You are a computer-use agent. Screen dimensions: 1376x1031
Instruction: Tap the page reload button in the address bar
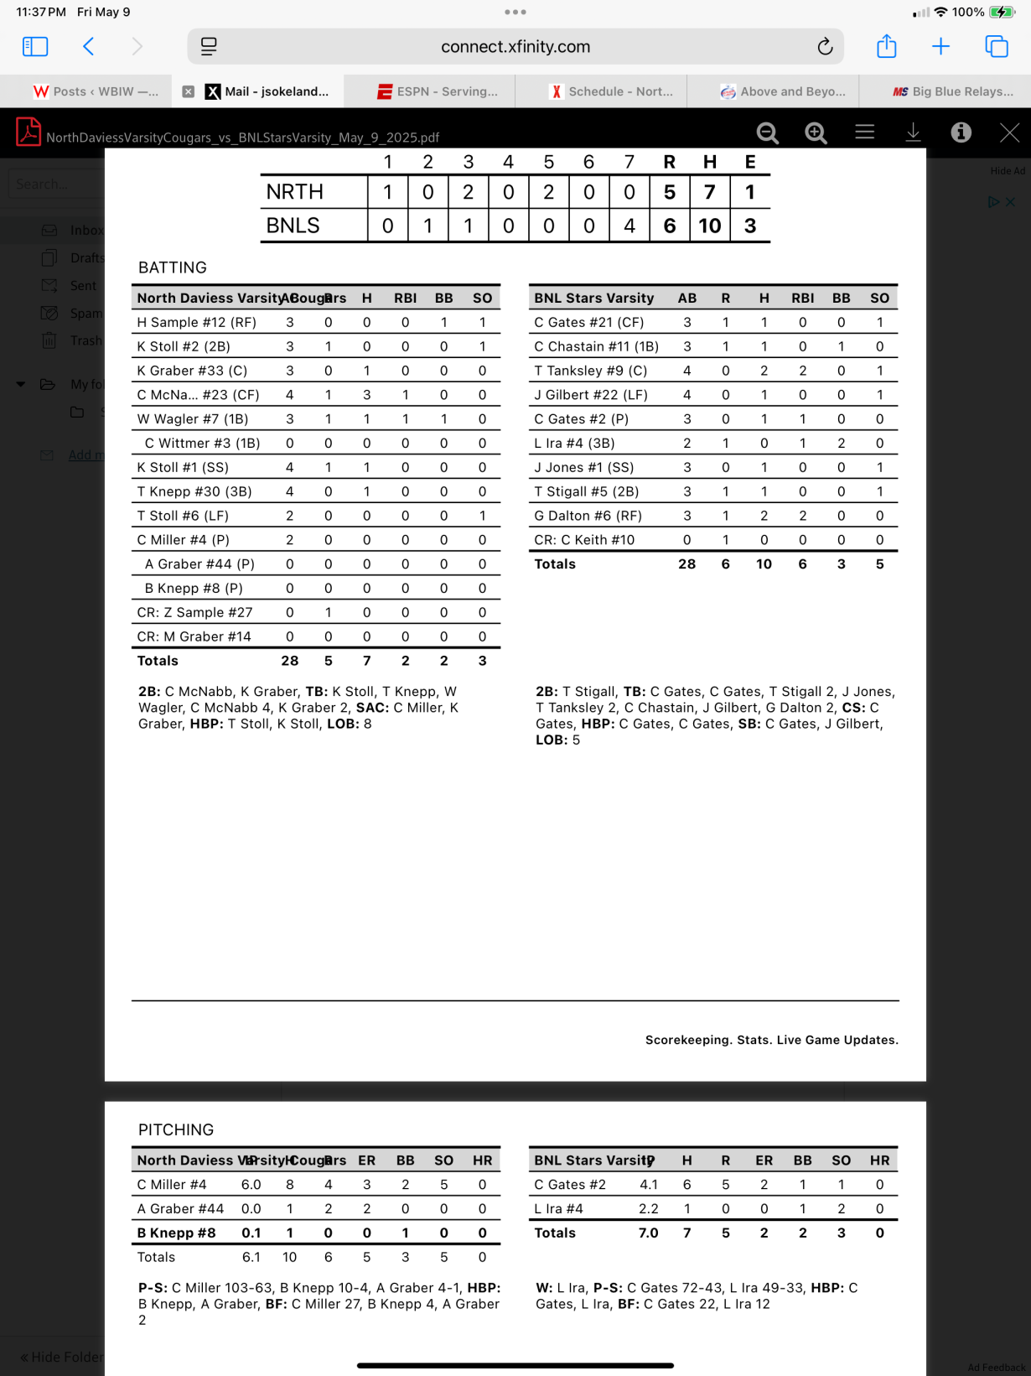(825, 47)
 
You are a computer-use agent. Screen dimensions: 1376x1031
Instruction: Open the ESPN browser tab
(438, 91)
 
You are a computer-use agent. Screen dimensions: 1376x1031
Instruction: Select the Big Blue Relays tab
(953, 91)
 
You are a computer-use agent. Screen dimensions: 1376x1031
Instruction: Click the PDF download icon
(913, 132)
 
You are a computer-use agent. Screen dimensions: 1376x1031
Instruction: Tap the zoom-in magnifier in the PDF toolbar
(816, 132)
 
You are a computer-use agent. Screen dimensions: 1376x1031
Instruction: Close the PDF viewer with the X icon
(1009, 132)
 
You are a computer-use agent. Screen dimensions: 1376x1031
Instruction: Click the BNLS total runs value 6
(669, 226)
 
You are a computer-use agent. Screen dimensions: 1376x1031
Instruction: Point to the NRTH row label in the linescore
(294, 192)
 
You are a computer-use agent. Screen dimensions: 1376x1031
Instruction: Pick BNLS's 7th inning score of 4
(629, 226)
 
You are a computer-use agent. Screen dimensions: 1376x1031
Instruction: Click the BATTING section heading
(172, 267)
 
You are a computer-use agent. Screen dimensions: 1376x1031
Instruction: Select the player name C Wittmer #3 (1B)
(202, 443)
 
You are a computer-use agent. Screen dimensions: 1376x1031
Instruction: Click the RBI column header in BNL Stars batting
(802, 298)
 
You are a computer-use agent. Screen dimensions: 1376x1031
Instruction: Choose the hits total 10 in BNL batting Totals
(764, 564)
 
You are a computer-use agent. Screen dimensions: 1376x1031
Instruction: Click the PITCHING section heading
(175, 1129)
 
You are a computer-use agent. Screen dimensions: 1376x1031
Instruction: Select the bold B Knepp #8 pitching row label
(176, 1233)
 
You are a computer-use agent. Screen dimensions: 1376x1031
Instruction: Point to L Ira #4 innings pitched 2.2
(648, 1208)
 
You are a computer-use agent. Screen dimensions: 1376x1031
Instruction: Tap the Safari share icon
(886, 47)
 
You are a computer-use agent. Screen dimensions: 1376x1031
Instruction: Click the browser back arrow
(89, 47)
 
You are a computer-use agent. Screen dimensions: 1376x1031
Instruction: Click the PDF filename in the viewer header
(242, 138)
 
